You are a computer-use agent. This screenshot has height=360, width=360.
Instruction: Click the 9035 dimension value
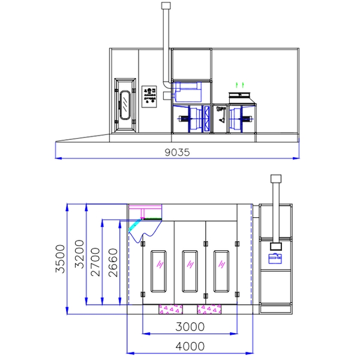tap(177, 152)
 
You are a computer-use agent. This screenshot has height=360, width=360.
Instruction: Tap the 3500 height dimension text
tap(61, 259)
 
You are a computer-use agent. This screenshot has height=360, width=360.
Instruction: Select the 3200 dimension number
tap(79, 254)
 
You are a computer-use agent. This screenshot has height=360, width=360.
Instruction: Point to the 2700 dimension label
tap(95, 262)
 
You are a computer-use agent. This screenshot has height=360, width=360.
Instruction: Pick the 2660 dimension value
tap(113, 262)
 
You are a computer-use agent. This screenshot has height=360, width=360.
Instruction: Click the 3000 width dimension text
tap(190, 326)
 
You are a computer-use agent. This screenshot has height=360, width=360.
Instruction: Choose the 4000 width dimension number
tap(190, 346)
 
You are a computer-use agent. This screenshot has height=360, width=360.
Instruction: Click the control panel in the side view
tap(149, 97)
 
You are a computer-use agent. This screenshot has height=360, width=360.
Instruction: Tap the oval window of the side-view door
tap(125, 105)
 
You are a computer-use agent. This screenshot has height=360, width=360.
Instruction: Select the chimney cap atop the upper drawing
tap(166, 6)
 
